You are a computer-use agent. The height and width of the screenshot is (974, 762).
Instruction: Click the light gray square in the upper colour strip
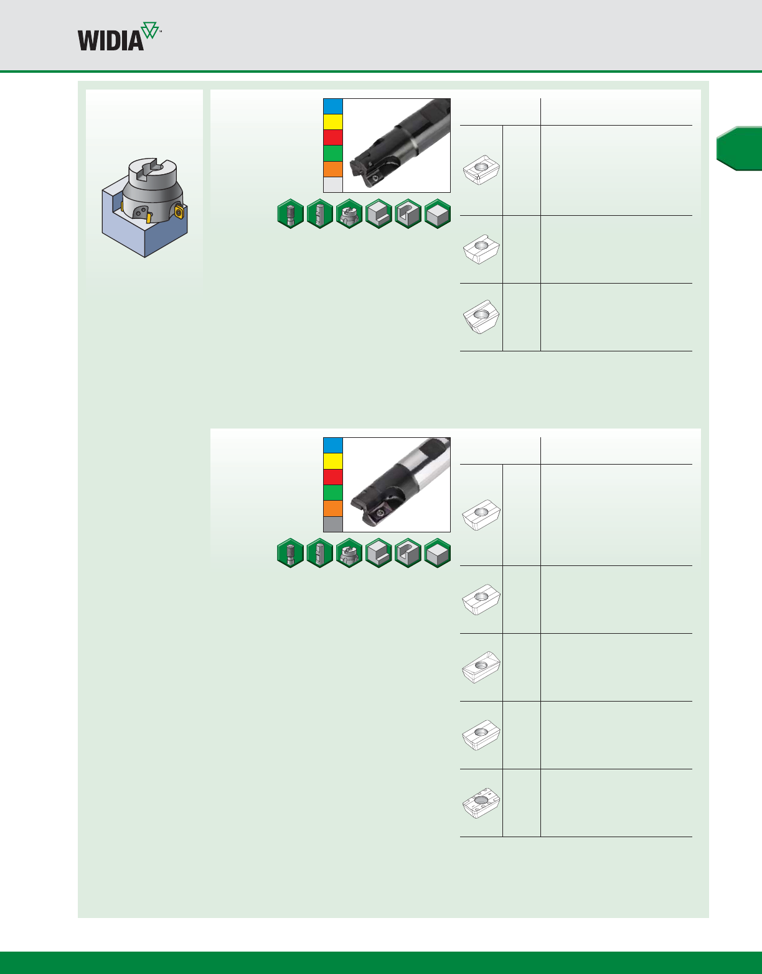coord(333,185)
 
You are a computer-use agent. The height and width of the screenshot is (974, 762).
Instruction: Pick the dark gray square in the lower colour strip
coord(333,524)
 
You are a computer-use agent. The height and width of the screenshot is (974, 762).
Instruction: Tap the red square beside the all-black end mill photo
coord(333,137)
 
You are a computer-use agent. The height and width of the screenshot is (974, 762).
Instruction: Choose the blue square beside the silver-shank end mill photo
coord(333,445)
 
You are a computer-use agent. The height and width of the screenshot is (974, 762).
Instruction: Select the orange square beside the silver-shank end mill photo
coord(333,508)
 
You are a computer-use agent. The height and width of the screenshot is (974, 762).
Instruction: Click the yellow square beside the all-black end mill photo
coord(333,122)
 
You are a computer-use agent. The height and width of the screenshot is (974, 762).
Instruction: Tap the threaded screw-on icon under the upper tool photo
coord(290,213)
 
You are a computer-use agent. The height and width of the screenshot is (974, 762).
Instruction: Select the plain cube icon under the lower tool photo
coord(438,552)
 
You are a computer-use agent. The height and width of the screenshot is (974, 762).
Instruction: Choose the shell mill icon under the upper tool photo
coord(349,213)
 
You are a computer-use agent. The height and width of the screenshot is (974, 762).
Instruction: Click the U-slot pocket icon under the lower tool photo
coord(408,552)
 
